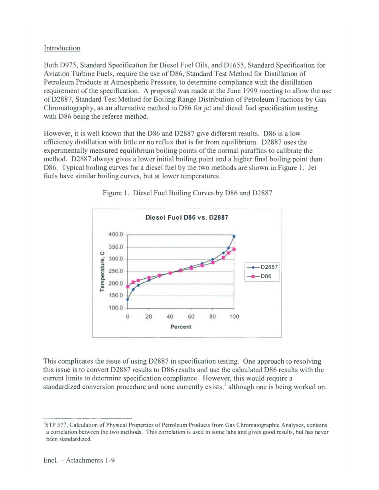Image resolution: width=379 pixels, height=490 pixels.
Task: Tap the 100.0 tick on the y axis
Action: (116, 308)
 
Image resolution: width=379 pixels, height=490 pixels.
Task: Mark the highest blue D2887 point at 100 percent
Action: (234, 236)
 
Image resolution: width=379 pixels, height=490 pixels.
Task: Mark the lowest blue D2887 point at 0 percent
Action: (128, 299)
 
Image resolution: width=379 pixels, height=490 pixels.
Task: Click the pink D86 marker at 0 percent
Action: (128, 287)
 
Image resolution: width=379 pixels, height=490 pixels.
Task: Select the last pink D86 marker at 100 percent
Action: (234, 249)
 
